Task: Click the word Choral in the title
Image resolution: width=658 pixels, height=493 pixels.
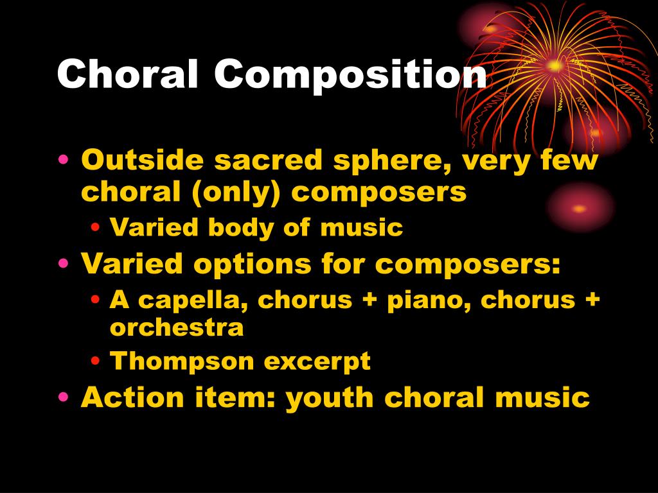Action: pyautogui.click(x=129, y=76)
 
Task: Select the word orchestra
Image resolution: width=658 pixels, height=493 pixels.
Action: pyautogui.click(x=177, y=328)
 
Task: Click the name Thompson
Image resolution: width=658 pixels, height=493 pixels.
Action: pyautogui.click(x=182, y=361)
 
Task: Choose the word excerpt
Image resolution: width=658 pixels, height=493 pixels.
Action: pyautogui.click(x=317, y=362)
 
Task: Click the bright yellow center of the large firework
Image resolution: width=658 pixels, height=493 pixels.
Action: pyautogui.click(x=555, y=65)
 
